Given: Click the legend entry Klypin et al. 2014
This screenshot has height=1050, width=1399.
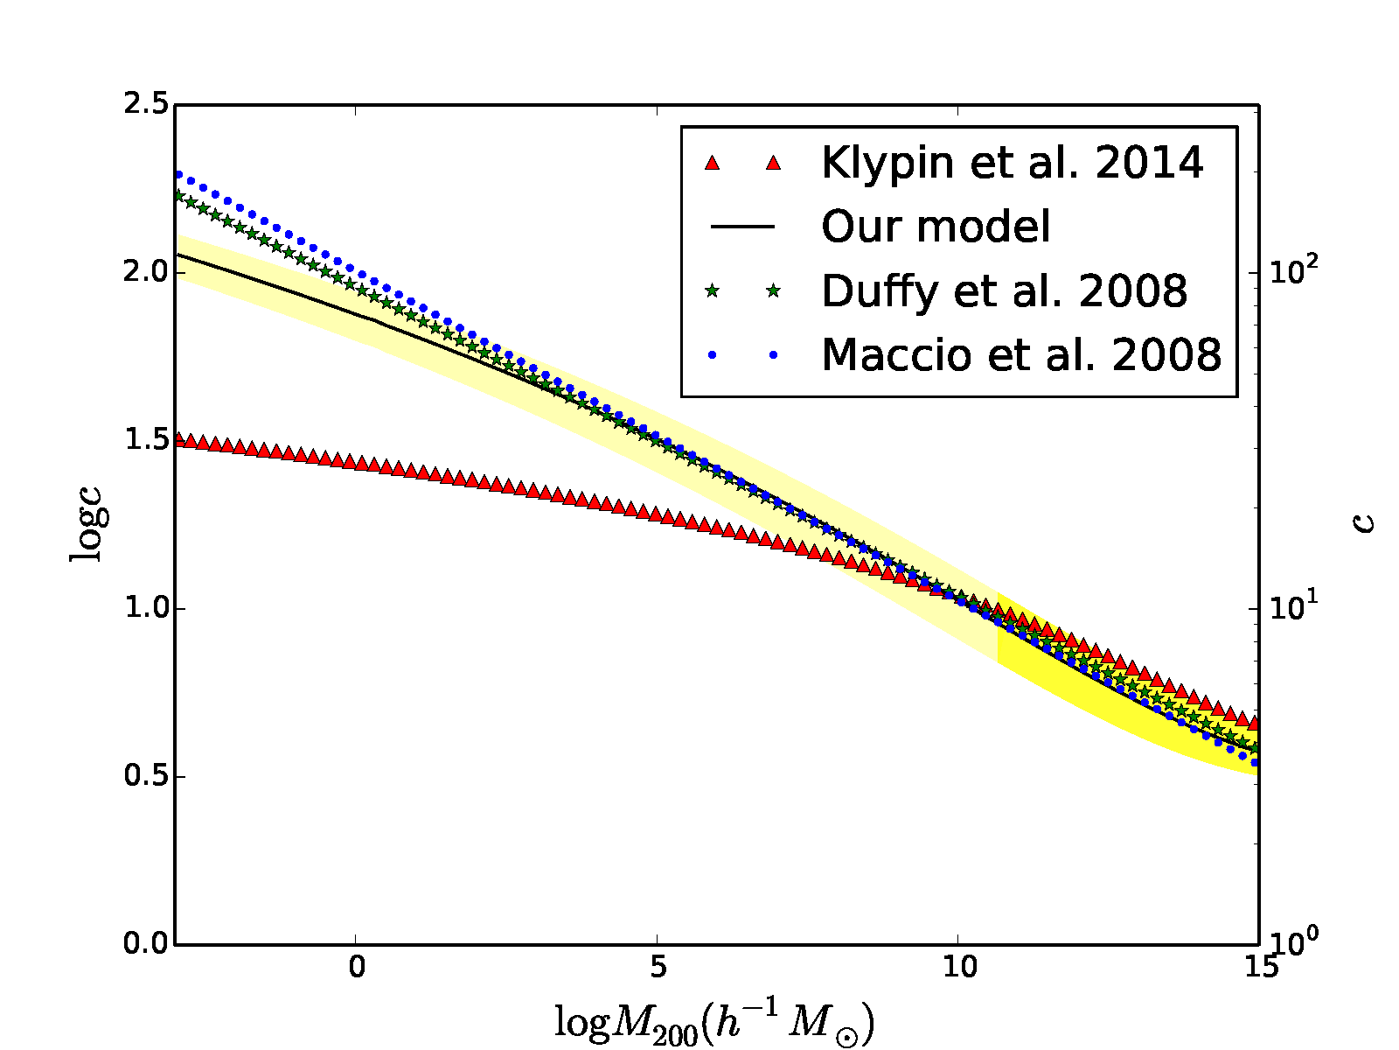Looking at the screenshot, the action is pos(1013,164).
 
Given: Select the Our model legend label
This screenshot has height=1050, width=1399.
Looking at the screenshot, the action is pos(936,227).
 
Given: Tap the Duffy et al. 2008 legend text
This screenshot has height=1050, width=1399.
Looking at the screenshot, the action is pos(1005,290).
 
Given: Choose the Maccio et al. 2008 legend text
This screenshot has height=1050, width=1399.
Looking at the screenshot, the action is pos(1021,354).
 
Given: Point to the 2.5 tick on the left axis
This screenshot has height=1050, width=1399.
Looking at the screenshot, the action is pos(145,104).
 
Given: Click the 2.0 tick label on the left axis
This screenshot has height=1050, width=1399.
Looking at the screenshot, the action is pos(145,272).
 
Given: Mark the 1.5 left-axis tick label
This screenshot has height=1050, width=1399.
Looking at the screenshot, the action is pos(145,440).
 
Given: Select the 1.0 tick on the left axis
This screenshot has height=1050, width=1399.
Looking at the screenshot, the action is pos(145,608).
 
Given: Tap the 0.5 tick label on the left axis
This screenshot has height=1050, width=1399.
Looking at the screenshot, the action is pos(145,776).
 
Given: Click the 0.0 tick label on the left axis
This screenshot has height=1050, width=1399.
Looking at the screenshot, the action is pos(145,943).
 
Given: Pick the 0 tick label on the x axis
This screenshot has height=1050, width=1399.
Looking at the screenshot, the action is pos(356,968).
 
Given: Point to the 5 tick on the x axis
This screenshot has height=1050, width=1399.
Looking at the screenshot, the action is pos(658,968).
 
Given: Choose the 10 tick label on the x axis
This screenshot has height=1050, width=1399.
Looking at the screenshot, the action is pos(959,968).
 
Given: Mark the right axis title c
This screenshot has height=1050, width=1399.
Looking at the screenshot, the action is pos(1364,523).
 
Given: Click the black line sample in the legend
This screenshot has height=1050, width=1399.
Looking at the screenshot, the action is pos(742,227).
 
